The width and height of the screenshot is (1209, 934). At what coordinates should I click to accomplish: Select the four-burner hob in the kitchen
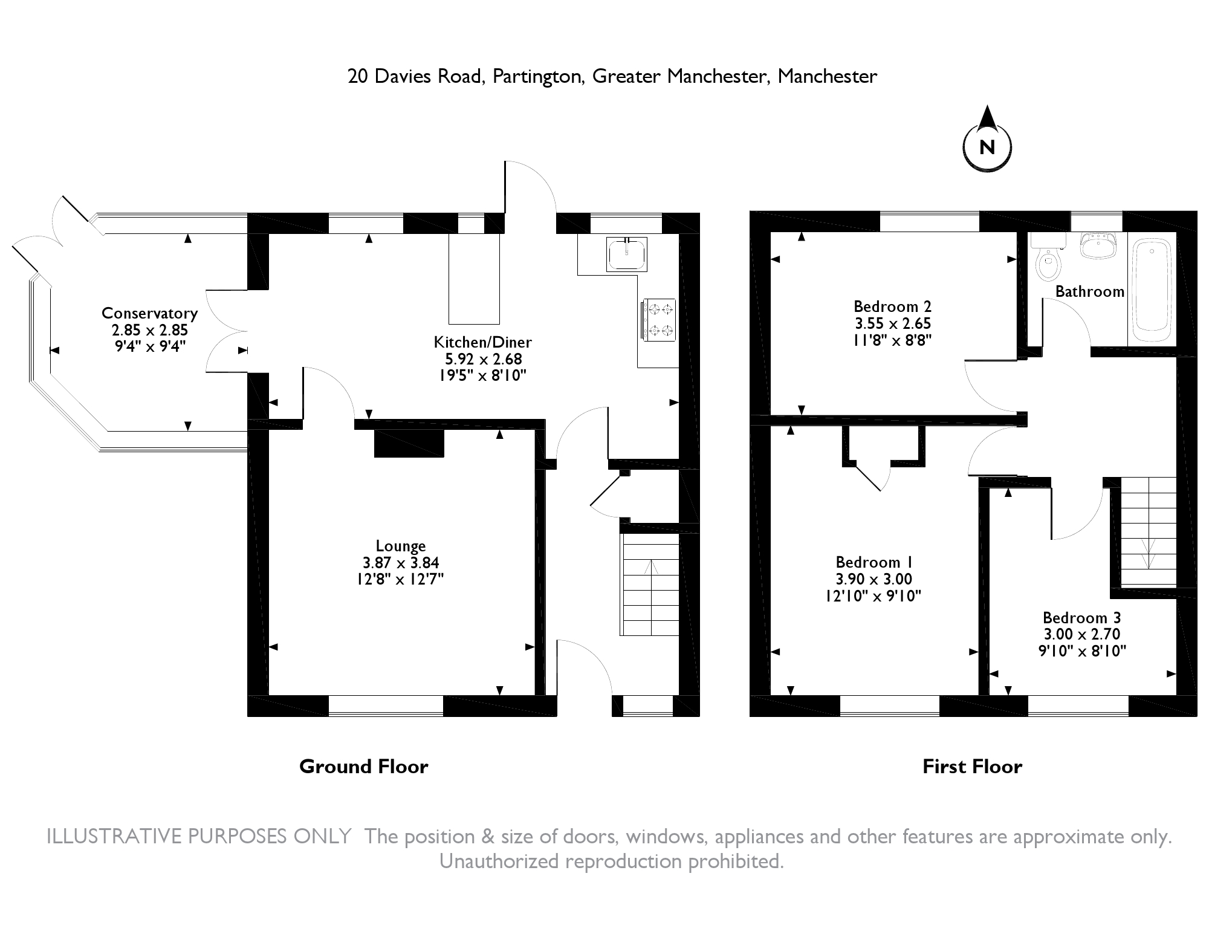(x=659, y=320)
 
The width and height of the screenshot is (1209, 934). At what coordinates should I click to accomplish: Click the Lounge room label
(x=401, y=546)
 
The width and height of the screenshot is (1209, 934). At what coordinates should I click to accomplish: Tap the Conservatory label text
(x=149, y=313)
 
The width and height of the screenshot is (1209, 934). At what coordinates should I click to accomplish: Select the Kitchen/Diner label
(x=482, y=342)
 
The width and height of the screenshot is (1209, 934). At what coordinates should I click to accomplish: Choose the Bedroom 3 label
(x=1081, y=618)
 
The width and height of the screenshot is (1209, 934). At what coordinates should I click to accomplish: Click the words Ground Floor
(x=364, y=767)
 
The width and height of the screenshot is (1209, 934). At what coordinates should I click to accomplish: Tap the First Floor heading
(x=972, y=767)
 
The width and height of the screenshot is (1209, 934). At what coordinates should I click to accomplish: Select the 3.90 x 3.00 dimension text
(x=874, y=579)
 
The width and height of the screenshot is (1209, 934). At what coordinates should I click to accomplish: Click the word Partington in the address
(x=537, y=77)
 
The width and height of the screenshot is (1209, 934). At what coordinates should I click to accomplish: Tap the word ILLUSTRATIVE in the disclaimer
(x=115, y=837)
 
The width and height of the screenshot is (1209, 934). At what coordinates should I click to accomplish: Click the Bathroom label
(x=1089, y=291)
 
